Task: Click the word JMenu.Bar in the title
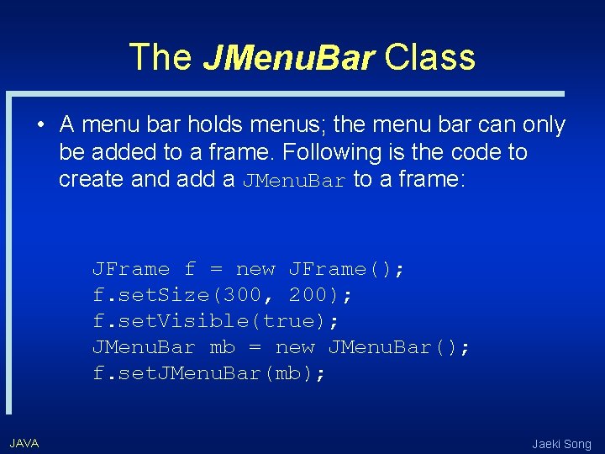click(288, 58)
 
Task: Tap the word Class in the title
click(430, 57)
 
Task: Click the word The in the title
click(160, 57)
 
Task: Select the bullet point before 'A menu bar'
click(40, 126)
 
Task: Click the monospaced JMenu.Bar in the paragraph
click(294, 180)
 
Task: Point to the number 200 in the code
click(309, 295)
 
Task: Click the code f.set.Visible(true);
click(216, 321)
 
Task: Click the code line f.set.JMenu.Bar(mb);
click(209, 373)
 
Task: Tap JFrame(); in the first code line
click(346, 269)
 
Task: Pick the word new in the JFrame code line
click(256, 269)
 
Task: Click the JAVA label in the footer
click(24, 442)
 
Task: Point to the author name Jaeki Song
click(561, 443)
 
